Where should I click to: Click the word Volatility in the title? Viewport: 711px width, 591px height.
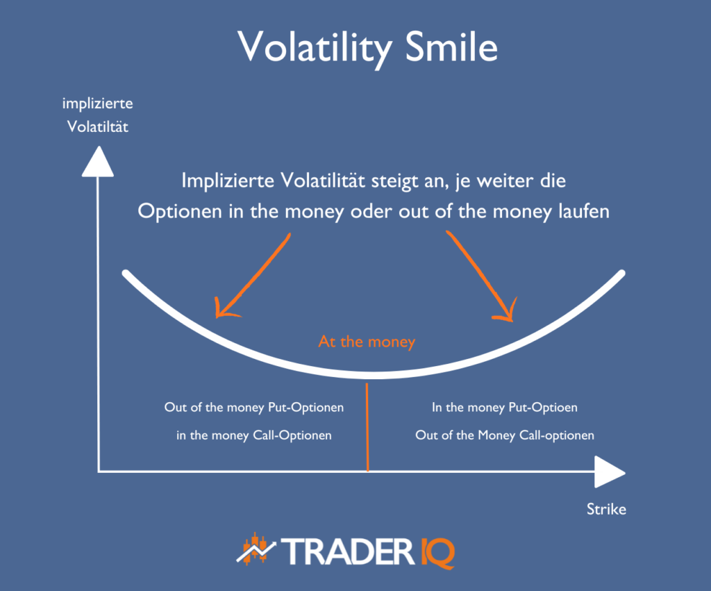(304, 47)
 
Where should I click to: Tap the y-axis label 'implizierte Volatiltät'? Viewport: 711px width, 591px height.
(97, 115)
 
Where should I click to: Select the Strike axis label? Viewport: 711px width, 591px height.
(606, 510)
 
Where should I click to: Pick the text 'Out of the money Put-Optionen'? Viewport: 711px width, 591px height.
(253, 408)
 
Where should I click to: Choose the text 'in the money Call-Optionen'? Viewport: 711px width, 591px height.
(253, 436)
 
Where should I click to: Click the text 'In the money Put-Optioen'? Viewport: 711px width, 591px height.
(505, 408)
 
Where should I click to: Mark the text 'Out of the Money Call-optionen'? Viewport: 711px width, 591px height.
(505, 436)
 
